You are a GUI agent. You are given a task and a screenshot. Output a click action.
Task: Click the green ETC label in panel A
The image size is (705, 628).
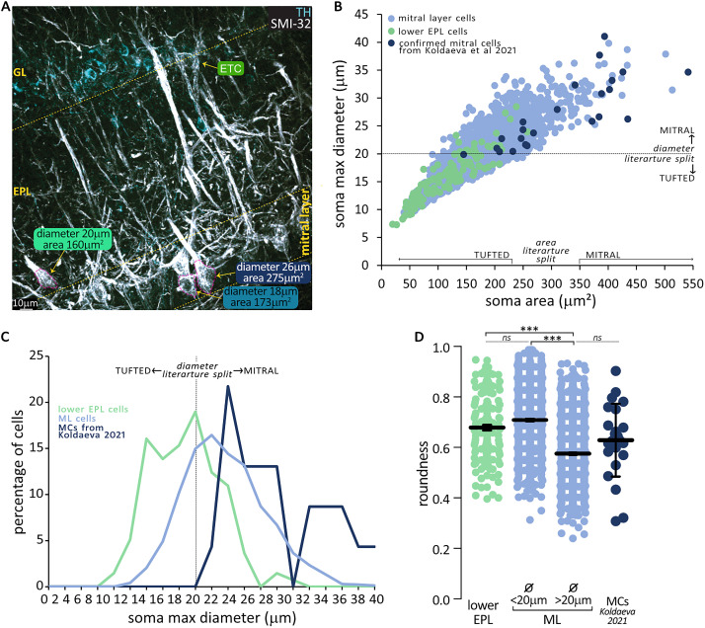230,68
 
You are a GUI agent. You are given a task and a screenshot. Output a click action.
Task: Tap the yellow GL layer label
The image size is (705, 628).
20,72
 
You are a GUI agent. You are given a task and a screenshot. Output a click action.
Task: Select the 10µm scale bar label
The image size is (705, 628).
26,303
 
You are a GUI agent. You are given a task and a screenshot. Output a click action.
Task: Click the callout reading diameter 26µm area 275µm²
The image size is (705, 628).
273,273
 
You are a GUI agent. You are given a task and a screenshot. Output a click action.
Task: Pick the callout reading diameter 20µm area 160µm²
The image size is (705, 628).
72,239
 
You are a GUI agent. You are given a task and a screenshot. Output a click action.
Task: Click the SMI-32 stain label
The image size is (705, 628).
290,24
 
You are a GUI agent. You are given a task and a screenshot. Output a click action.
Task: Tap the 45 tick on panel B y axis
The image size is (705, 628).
361,15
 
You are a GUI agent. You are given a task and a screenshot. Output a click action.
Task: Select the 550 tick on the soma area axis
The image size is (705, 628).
693,283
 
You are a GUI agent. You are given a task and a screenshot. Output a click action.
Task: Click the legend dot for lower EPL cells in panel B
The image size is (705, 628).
392,31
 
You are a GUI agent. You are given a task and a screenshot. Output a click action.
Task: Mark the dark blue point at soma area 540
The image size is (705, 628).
688,72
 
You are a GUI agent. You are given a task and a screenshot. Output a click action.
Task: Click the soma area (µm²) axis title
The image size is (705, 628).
540,301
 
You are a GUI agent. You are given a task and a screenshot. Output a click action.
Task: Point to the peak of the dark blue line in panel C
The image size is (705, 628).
228,386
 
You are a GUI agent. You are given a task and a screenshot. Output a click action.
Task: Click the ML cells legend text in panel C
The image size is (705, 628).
77,419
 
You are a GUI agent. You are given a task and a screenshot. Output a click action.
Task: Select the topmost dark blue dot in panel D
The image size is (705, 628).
616,371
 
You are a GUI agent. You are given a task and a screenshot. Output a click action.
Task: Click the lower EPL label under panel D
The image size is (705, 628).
483,612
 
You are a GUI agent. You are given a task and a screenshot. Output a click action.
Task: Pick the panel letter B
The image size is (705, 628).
338,6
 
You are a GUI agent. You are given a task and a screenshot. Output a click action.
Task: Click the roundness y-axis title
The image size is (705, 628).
423,473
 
